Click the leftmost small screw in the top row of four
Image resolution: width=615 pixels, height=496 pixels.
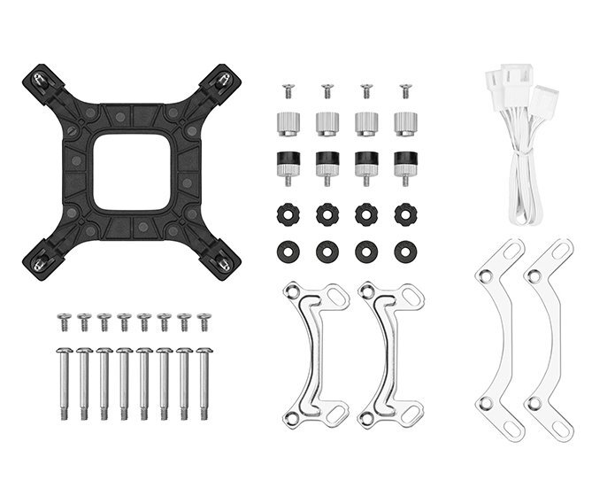coord(287,90)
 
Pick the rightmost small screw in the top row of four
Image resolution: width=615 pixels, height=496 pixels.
coord(405,90)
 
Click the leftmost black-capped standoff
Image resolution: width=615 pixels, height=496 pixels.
coord(287,166)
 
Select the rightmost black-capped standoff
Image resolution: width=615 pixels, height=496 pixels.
coord(405,166)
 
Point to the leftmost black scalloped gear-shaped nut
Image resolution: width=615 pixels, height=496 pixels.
coord(287,213)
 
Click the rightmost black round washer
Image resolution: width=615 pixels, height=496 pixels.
coord(405,251)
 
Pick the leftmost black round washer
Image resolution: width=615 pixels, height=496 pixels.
coord(287,251)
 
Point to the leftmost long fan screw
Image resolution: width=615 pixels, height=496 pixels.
coord(64,381)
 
